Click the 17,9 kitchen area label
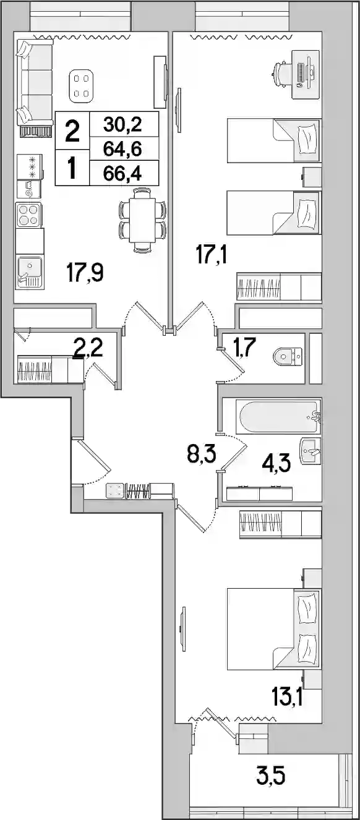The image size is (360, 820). (x=85, y=273)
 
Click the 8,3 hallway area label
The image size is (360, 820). (x=202, y=455)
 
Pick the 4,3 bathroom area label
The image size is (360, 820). (x=276, y=464)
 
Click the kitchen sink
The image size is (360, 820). (x=30, y=271)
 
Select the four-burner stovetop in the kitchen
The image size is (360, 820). (x=28, y=215)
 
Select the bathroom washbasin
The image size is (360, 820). (x=310, y=451)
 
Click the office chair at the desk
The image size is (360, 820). (x=281, y=74)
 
